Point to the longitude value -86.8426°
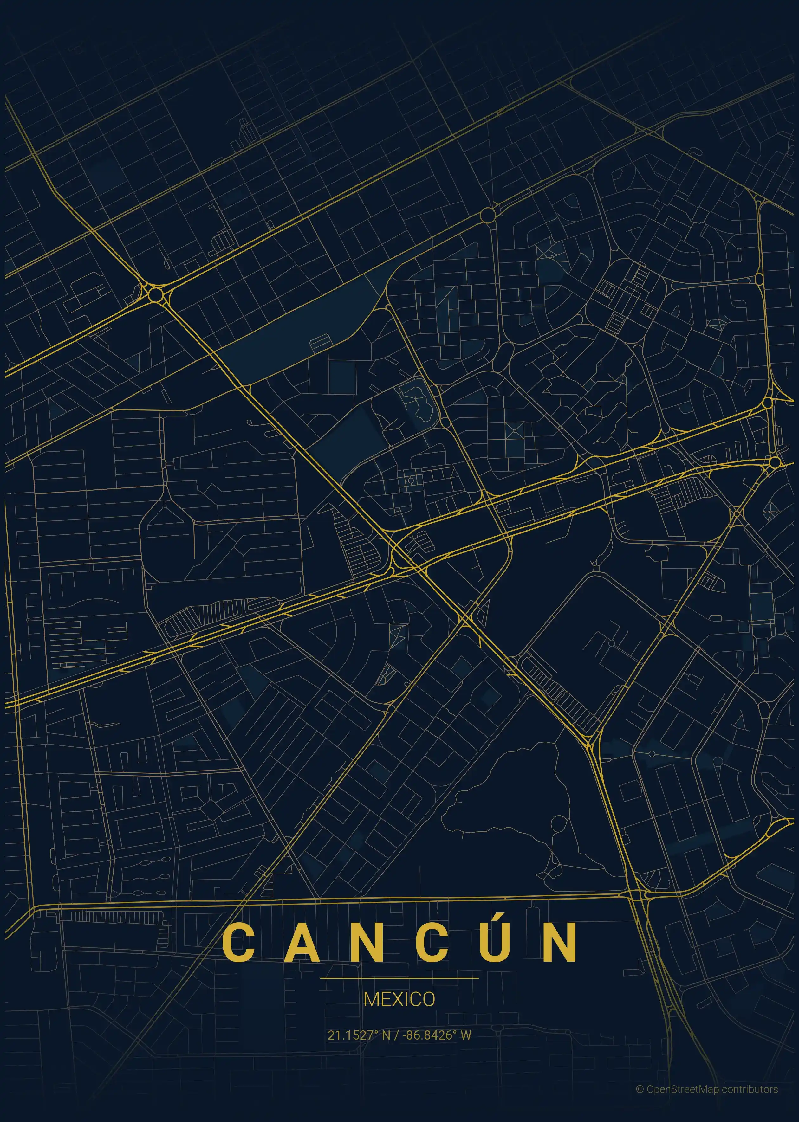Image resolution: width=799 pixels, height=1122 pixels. (x=427, y=1035)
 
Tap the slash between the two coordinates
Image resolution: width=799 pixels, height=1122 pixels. (x=397, y=1035)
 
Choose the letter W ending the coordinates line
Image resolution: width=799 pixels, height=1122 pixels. (x=465, y=1035)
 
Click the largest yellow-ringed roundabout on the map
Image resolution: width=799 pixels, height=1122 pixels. (x=155, y=295)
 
